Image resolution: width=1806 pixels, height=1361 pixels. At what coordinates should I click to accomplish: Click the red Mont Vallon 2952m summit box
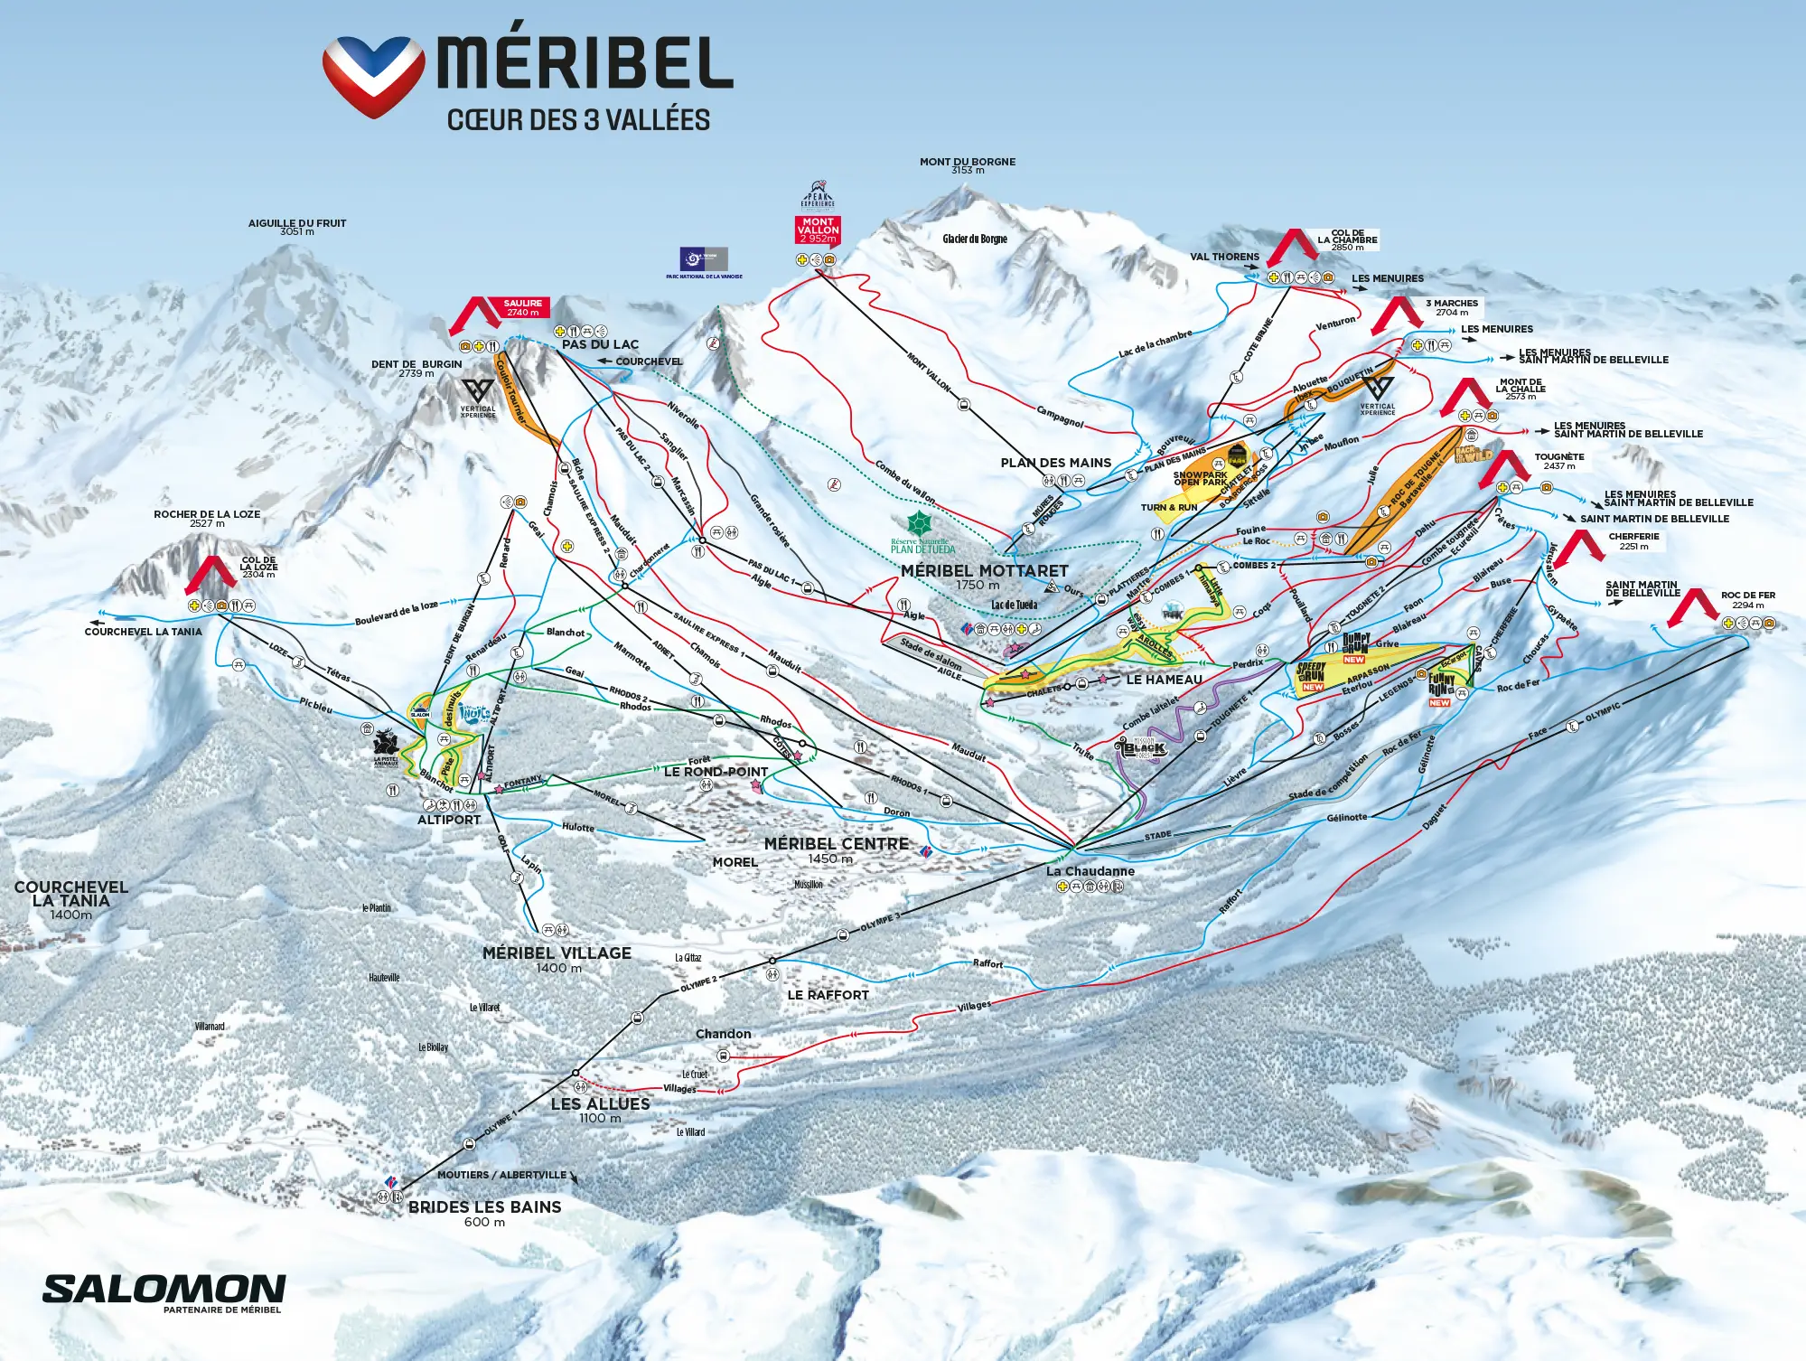pos(818,230)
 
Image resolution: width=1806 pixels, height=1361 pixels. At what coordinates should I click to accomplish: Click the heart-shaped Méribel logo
pos(373,76)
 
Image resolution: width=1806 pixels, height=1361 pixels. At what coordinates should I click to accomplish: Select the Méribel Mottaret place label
pos(984,571)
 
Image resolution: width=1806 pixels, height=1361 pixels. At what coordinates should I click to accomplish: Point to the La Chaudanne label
pos(1090,871)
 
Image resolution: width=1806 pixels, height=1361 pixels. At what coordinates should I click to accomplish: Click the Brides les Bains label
pos(484,1207)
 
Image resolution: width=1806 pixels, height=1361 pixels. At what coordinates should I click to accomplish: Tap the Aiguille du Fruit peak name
pos(297,223)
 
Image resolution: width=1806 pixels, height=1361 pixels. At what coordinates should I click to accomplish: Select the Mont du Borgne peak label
pos(968,163)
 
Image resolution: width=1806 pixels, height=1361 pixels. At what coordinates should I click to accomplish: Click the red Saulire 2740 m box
pos(522,308)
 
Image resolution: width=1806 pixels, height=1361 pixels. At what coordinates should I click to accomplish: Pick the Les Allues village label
pos(600,1104)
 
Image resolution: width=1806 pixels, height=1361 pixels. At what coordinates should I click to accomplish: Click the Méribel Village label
pos(557,953)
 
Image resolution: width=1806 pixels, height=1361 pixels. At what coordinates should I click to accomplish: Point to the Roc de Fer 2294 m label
pos(1747,600)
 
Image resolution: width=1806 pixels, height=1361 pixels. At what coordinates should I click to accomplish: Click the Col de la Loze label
pos(258,567)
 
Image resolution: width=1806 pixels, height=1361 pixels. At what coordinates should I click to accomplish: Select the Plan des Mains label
pos(1055,463)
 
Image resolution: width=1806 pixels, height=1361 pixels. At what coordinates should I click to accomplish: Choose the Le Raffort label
pos(828,995)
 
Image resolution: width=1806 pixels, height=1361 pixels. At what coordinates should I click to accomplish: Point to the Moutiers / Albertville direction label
pos(501,1175)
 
